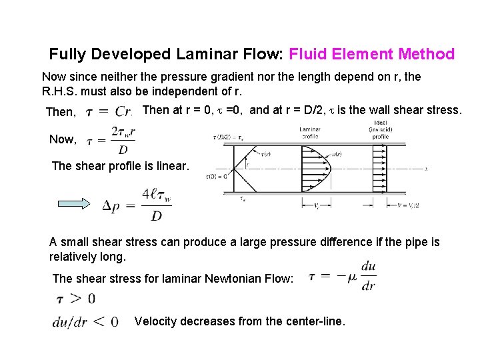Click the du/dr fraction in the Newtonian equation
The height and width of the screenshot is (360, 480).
click(368, 277)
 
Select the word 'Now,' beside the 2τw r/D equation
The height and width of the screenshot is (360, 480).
click(63, 139)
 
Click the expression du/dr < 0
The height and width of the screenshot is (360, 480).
click(85, 322)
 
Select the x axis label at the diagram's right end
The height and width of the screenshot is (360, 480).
click(425, 169)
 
